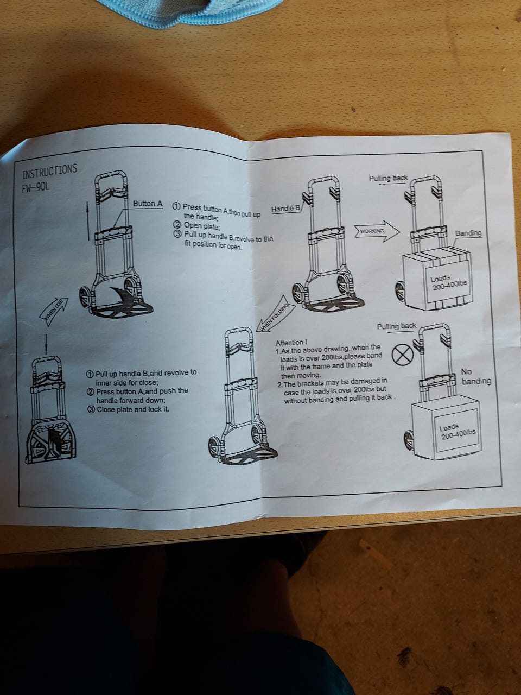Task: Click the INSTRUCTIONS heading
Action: tap(49, 171)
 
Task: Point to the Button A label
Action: tap(148, 204)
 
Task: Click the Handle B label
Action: tap(286, 208)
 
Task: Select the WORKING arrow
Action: tap(377, 231)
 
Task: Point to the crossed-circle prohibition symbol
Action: tap(402, 355)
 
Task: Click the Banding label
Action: tap(468, 233)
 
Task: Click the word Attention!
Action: tap(291, 343)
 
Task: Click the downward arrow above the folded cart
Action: tap(46, 344)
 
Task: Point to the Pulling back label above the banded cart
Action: tap(389, 178)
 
